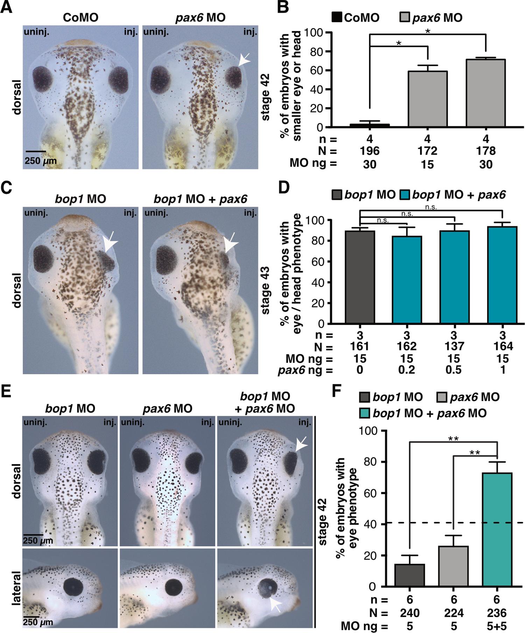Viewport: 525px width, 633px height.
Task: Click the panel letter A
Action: (6, 7)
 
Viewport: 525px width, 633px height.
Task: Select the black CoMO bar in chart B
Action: (370, 125)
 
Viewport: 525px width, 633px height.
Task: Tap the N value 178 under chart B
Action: (486, 151)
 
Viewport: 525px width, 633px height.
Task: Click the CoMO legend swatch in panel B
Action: (337, 17)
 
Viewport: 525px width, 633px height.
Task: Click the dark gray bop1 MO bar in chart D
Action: (360, 277)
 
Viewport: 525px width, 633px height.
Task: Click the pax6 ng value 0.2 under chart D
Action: (406, 370)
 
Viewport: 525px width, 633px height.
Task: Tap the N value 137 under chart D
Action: (454, 346)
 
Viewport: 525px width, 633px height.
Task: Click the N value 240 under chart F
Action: (409, 613)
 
